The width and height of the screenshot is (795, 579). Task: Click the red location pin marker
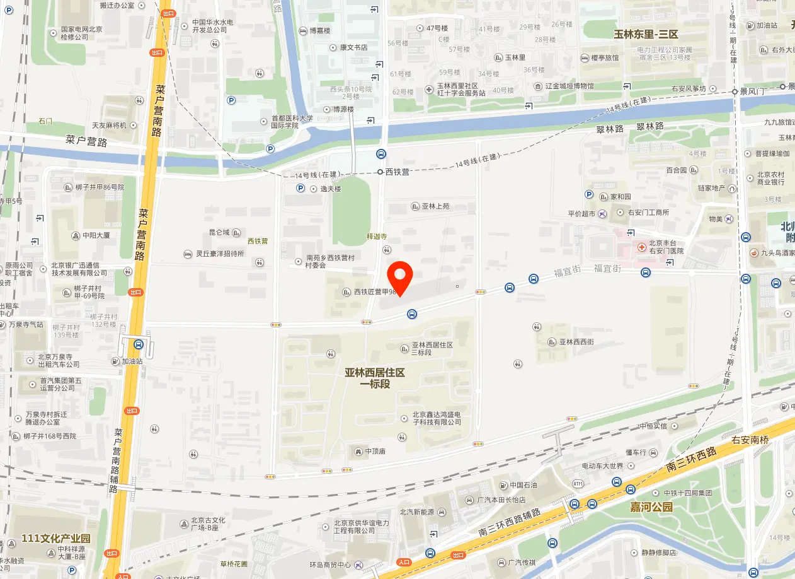pos(399,278)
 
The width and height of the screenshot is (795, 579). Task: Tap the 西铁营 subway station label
pos(397,172)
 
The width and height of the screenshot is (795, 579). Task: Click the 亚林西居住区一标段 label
pos(375,378)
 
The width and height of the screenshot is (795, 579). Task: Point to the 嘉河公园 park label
pos(651,507)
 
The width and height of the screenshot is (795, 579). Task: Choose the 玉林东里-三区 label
pos(646,34)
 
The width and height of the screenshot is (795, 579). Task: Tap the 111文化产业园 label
pos(56,539)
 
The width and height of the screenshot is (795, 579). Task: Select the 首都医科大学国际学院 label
pos(292,122)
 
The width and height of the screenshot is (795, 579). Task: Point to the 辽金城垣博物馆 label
pos(569,86)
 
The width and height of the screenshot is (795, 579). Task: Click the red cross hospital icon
pos(641,247)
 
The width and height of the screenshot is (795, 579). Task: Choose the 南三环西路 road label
pos(692,460)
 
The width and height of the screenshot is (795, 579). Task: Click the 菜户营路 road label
pos(86,141)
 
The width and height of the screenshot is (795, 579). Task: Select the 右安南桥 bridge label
pos(750,440)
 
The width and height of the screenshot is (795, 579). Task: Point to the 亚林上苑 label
pos(435,206)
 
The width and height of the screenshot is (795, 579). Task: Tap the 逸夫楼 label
pos(329,189)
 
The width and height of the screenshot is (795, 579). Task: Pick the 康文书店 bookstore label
pos(353,47)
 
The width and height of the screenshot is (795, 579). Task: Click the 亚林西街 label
pos(576,342)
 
